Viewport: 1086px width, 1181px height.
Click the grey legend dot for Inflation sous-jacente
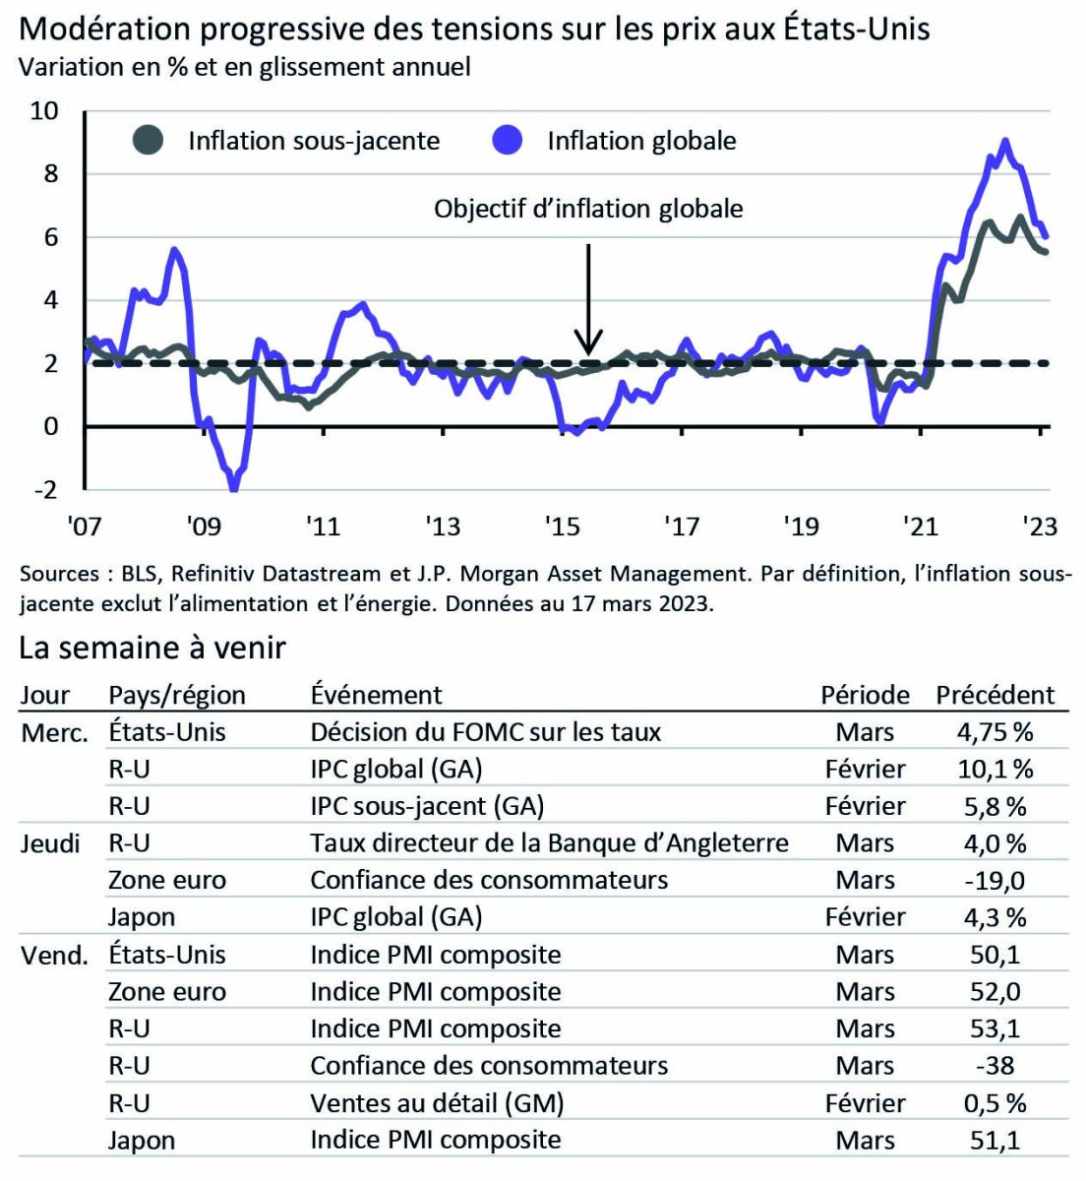pyautogui.click(x=150, y=141)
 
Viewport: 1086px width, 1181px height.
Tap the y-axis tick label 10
pyautogui.click(x=44, y=110)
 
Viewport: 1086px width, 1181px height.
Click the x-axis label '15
pyautogui.click(x=562, y=527)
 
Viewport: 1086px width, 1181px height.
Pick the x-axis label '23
pyautogui.click(x=1039, y=527)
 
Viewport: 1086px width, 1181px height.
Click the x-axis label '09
pyautogui.click(x=203, y=527)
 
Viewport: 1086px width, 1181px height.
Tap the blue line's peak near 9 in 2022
pyautogui.click(x=1004, y=141)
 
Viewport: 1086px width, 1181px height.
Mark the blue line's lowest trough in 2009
pyautogui.click(x=233, y=487)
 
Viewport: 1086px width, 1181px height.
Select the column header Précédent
pyautogui.click(x=995, y=695)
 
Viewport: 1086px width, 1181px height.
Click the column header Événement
pyautogui.click(x=377, y=695)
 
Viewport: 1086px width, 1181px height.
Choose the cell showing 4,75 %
pyautogui.click(x=995, y=732)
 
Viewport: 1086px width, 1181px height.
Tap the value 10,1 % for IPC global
pyautogui.click(x=995, y=769)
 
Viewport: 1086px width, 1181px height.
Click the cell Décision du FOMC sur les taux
pyautogui.click(x=486, y=732)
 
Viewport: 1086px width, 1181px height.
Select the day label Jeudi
pyautogui.click(x=50, y=843)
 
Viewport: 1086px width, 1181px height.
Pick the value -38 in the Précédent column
pyautogui.click(x=995, y=1066)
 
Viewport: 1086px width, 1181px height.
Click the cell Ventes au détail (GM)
pyautogui.click(x=437, y=1103)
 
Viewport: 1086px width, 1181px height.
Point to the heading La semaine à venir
pyautogui.click(x=152, y=648)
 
